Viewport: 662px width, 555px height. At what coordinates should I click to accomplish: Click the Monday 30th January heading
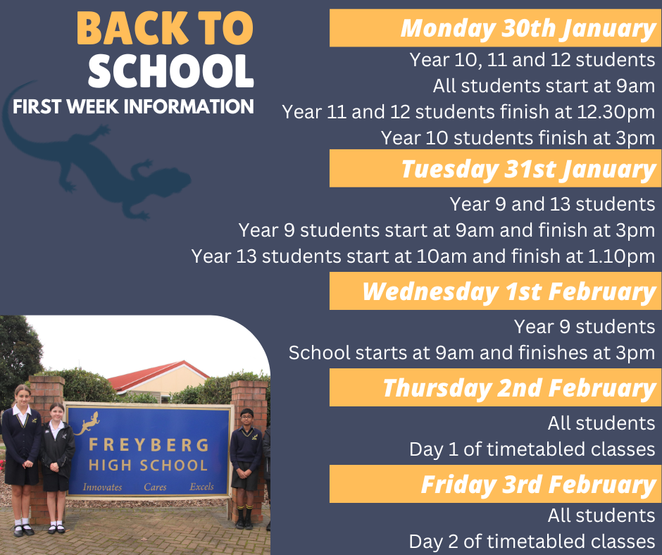tap(528, 29)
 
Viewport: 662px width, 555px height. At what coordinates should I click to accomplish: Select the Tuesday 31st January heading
tap(528, 169)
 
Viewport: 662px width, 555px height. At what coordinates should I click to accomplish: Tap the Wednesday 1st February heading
tap(508, 292)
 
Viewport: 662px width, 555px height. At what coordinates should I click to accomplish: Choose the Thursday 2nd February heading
tap(518, 388)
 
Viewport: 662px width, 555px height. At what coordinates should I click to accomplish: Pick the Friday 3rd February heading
tap(538, 485)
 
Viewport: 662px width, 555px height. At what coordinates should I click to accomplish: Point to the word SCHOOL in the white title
tap(171, 70)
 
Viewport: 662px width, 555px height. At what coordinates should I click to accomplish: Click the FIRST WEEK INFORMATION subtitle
tap(133, 107)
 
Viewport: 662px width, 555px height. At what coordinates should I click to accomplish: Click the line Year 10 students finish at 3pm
tap(518, 137)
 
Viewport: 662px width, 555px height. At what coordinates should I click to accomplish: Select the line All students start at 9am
tap(544, 86)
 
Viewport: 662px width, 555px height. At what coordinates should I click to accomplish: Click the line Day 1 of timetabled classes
tap(532, 449)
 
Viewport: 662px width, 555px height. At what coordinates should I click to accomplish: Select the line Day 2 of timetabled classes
tap(532, 541)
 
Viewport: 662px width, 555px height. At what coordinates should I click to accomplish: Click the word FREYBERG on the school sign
tap(149, 446)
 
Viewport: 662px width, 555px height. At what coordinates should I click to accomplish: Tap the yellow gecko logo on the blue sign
tap(88, 423)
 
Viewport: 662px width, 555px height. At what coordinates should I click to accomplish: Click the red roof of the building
tap(155, 372)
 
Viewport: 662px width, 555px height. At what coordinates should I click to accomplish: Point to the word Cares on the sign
tap(155, 487)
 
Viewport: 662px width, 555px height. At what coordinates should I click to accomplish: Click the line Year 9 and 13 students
tap(552, 204)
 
